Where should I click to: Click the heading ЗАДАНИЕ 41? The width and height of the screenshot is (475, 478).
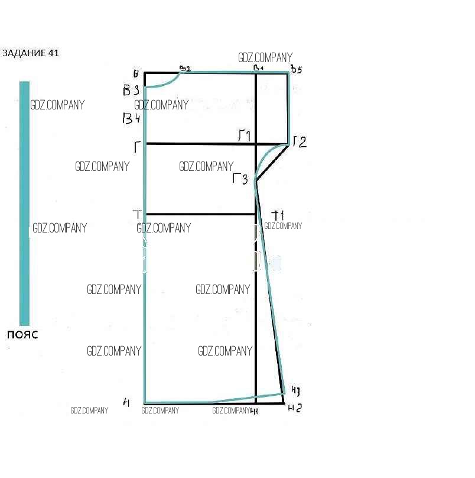(31, 53)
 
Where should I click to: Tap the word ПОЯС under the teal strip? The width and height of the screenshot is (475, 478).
(22, 335)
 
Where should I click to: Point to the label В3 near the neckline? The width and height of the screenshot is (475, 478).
(131, 91)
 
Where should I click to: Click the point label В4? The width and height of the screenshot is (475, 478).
(130, 119)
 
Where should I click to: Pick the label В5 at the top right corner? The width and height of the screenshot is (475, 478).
(296, 70)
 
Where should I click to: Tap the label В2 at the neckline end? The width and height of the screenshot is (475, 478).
(185, 69)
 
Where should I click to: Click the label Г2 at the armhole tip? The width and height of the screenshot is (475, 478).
(300, 142)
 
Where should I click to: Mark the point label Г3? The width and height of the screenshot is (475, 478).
(240, 179)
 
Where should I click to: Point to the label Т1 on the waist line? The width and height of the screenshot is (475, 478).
(278, 215)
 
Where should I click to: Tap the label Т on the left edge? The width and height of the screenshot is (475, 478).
(137, 214)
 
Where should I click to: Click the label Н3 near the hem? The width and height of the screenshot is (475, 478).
(296, 390)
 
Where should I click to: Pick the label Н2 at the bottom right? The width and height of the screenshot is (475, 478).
(295, 408)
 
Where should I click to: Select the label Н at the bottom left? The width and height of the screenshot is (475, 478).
(126, 403)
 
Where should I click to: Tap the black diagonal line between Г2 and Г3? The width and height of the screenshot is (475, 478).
(272, 163)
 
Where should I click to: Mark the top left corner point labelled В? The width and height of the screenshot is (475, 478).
(136, 74)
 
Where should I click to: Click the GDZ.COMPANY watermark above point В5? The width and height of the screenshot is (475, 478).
(265, 57)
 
